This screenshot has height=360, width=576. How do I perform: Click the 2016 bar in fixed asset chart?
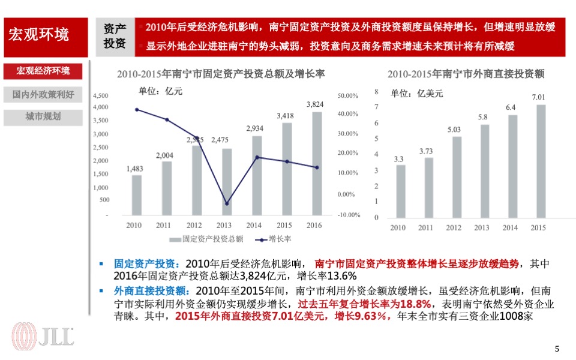point(316,163)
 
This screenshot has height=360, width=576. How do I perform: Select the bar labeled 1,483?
point(137,195)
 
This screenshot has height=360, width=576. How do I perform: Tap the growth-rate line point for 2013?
point(226,203)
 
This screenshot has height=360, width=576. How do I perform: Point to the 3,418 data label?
point(285,116)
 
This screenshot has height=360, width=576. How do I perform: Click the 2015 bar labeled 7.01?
point(541,161)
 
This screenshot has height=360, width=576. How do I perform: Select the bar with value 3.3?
point(400,191)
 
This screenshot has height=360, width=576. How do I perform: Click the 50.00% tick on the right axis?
point(348,95)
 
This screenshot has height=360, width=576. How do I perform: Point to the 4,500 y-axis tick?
point(101,95)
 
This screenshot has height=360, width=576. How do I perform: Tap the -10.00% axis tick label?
point(349,215)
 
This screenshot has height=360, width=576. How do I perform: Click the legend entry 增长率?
point(274,239)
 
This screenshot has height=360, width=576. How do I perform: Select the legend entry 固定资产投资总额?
point(206,239)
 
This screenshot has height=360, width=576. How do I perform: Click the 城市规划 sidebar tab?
point(43,116)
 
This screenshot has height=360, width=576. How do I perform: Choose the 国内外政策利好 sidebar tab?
point(43,94)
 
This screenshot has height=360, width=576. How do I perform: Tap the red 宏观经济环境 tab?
point(43,71)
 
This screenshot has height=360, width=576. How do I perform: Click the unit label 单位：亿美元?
point(416,93)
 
